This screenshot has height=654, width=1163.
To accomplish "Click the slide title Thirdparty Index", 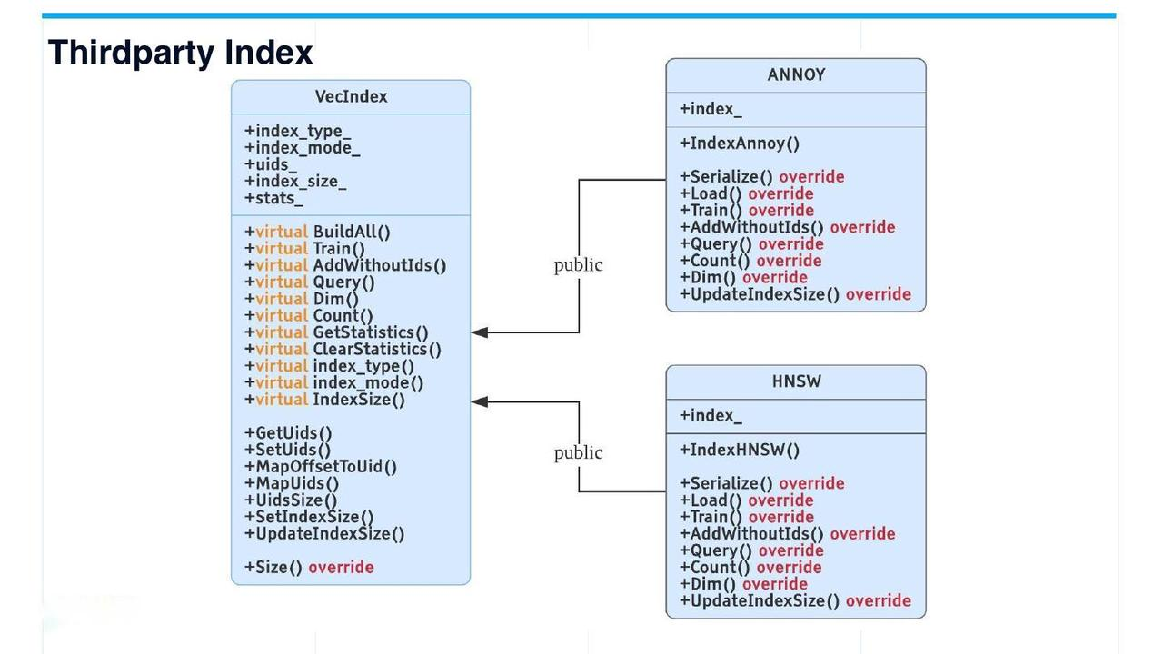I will click(180, 53).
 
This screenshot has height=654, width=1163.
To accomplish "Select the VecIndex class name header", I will click(351, 97).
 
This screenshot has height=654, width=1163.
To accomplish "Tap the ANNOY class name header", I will click(796, 75).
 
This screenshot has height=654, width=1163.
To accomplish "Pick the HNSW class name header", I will click(796, 381).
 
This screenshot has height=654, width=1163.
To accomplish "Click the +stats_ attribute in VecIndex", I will click(273, 197).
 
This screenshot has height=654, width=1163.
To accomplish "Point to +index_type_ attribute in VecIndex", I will click(297, 131).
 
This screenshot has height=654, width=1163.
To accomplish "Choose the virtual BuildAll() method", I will click(317, 232).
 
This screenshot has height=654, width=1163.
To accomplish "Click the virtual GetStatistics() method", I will click(336, 332).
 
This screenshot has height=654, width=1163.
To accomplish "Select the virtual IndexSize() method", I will click(324, 400).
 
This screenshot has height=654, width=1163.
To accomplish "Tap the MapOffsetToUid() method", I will click(321, 467).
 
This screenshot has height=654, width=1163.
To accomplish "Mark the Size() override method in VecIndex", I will click(309, 568).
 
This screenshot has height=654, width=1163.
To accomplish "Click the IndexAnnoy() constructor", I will click(740, 144).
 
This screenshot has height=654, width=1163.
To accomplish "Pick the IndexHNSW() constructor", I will click(740, 450).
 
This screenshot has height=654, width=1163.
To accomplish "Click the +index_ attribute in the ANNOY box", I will click(711, 109).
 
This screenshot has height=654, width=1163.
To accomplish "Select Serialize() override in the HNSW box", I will click(762, 483).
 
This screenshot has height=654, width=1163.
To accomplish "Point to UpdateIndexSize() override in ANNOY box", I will click(795, 294).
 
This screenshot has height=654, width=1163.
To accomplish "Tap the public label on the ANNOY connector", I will click(578, 265).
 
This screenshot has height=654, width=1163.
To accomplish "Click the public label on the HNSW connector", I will click(578, 452).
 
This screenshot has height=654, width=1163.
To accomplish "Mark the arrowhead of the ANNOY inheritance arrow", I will click(480, 332).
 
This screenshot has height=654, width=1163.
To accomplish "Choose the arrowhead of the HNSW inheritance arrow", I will click(480, 401).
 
